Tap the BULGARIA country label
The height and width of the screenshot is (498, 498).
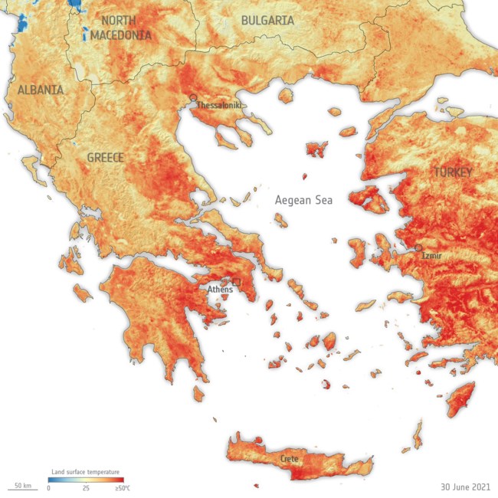tap(268, 21)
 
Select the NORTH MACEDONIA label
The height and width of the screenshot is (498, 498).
tap(121, 28)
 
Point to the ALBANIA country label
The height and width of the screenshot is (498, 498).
tap(40, 90)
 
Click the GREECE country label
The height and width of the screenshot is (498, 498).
tap(105, 158)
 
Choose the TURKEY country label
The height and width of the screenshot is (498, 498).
tap(453, 172)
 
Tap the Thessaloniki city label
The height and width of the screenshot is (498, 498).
tap(221, 105)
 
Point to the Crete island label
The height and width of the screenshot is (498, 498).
tap(289, 458)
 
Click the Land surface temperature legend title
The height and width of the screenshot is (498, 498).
tap(84, 472)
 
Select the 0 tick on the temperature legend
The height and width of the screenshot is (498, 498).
tap(48, 488)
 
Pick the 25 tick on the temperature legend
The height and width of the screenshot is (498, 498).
tap(87, 488)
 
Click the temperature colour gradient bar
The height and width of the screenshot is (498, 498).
tap(87, 480)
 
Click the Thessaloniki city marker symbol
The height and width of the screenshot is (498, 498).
tap(194, 97)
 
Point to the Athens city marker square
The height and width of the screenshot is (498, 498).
tap(237, 282)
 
